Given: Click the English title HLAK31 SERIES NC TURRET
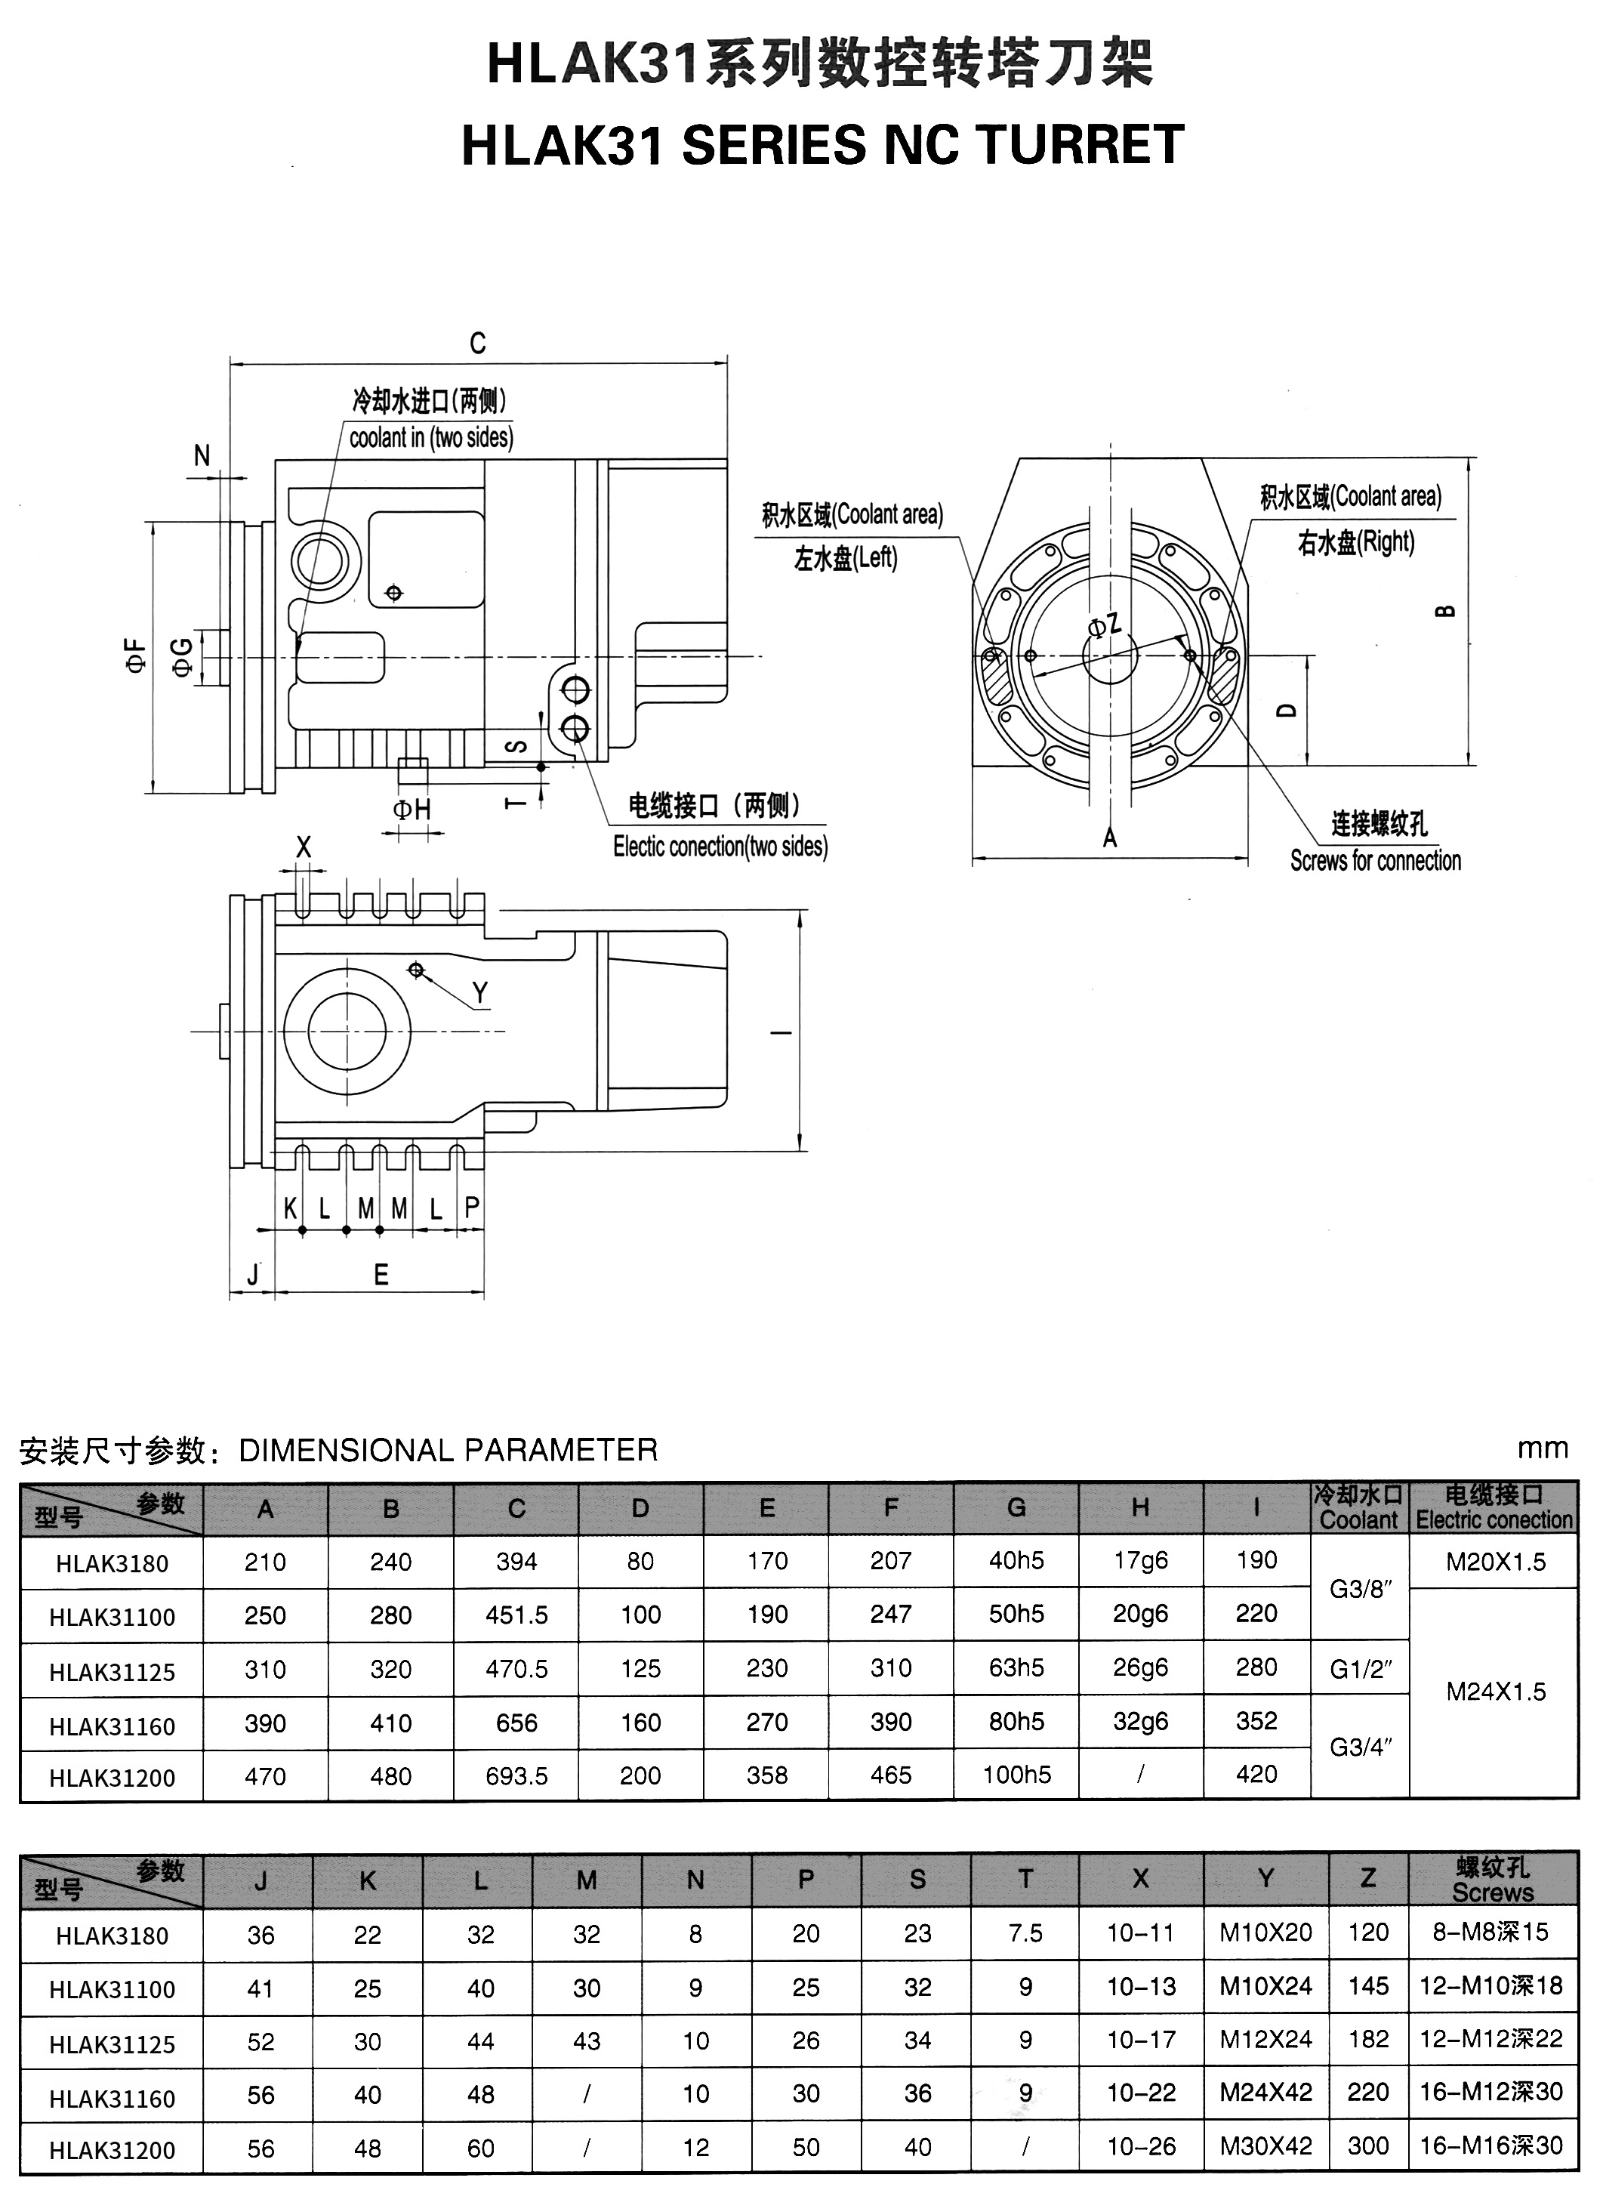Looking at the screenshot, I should click(x=822, y=146).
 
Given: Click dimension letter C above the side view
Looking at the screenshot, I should click(x=477, y=344).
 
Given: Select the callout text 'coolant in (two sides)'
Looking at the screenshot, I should click(x=431, y=437).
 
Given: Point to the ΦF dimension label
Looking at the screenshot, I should click(x=136, y=656).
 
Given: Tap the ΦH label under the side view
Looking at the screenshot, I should click(x=412, y=810).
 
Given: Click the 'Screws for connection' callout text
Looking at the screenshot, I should click(x=1375, y=861).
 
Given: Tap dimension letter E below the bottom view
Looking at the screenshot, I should click(x=381, y=1275).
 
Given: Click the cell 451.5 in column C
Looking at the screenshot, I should click(x=516, y=1615).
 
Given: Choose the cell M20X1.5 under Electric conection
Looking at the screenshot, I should click(x=1495, y=1561).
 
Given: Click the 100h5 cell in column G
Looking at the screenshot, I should click(x=1016, y=1775).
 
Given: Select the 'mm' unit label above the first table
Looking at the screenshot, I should click(x=1542, y=1448).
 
